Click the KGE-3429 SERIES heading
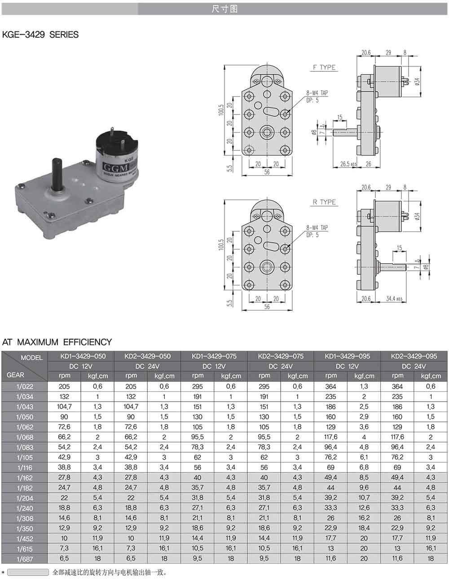tap(40, 35)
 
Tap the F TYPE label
tap(324, 67)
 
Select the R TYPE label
tap(324, 202)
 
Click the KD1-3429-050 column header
tap(81, 356)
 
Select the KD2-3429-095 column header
tap(414, 356)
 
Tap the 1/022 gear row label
tap(25, 386)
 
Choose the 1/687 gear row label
tap(25, 559)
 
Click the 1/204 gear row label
tap(25, 499)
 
